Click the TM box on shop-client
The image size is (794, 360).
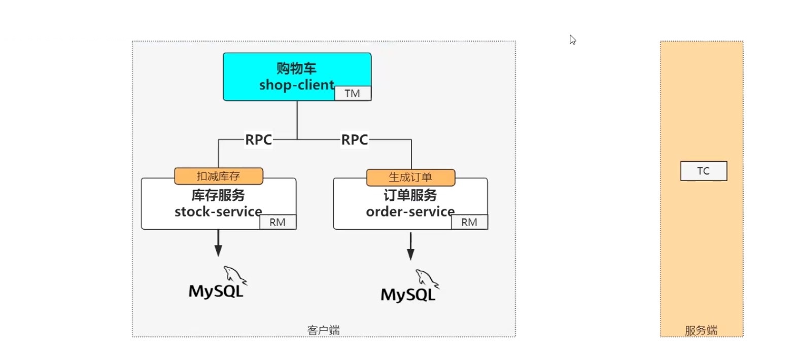pyautogui.click(x=353, y=93)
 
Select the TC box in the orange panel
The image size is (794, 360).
pyautogui.click(x=704, y=171)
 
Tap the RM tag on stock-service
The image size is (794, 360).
pyautogui.click(x=278, y=222)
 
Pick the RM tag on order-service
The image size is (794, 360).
pyautogui.click(x=469, y=222)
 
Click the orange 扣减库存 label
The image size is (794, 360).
pyautogui.click(x=219, y=176)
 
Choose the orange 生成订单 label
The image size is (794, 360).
pyautogui.click(x=410, y=177)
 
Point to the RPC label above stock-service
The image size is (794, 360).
pyautogui.click(x=259, y=139)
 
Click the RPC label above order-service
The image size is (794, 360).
pyautogui.click(x=355, y=139)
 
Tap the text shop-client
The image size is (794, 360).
pyautogui.click(x=297, y=85)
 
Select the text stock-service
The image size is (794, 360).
pyautogui.click(x=218, y=212)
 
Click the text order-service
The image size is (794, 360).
pyautogui.click(x=410, y=212)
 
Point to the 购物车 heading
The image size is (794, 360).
pyautogui.click(x=296, y=68)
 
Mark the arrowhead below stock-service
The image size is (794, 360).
pyautogui.click(x=218, y=250)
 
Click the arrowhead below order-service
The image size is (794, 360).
pyautogui.click(x=410, y=254)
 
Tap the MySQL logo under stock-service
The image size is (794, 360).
pyautogui.click(x=218, y=282)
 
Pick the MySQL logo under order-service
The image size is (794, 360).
pyautogui.click(x=410, y=286)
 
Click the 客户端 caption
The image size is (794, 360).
pyautogui.click(x=323, y=330)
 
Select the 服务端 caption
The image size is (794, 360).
pyautogui.click(x=701, y=330)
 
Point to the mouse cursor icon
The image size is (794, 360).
pyautogui.click(x=572, y=40)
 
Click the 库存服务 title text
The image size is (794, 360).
pyautogui.click(x=218, y=195)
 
